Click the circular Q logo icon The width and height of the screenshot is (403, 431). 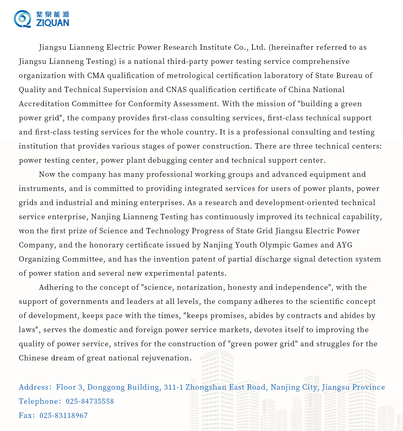22,19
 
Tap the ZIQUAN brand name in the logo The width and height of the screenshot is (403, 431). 52,23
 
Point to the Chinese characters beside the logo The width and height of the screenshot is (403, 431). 52,14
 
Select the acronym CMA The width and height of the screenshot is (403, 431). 96,75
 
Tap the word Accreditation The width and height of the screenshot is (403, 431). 44,104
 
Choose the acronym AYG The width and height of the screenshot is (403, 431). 345,245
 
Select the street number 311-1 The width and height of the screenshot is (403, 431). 173,387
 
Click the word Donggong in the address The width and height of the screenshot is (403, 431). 106,387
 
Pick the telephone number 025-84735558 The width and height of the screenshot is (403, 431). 90,401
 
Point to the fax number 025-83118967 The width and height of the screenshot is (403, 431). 63,416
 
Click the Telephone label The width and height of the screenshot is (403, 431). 39,401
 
